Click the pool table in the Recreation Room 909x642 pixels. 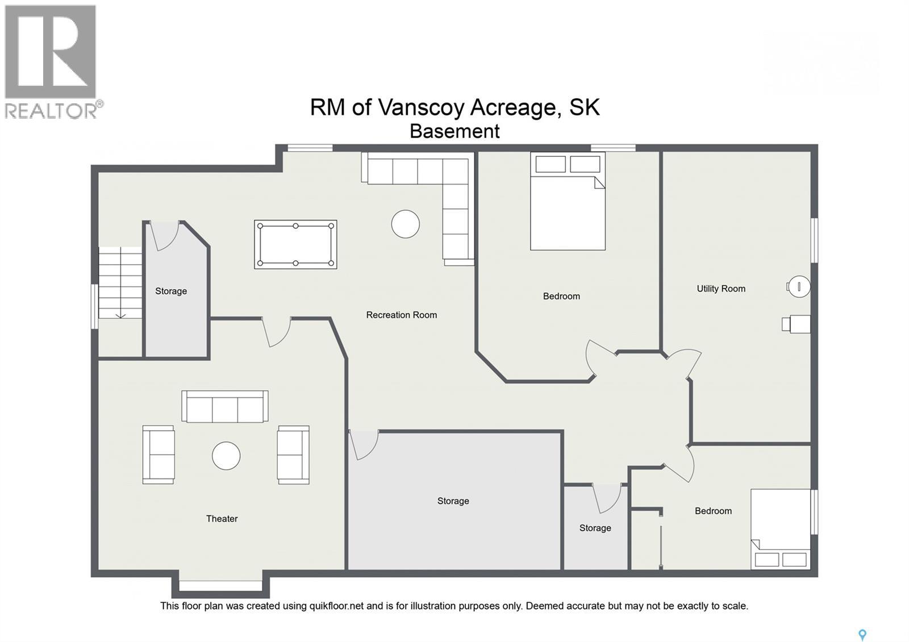coord(295,244)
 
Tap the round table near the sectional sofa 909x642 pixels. coord(405,224)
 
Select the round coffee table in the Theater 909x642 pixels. coord(226,456)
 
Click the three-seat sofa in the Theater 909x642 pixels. coord(225,407)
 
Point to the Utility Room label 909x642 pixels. coord(721,289)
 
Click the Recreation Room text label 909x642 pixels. coord(401,315)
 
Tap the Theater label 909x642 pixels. coord(222,519)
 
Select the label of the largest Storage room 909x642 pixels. coord(453,501)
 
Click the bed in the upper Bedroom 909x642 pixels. coord(568,210)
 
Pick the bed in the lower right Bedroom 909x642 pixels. coord(780,528)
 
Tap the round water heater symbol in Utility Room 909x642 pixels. coord(798,287)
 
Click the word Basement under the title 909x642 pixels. coord(454,131)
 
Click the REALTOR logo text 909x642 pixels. coord(51,110)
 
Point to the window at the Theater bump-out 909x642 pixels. coord(220,585)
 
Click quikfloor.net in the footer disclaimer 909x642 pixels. coord(336,606)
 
